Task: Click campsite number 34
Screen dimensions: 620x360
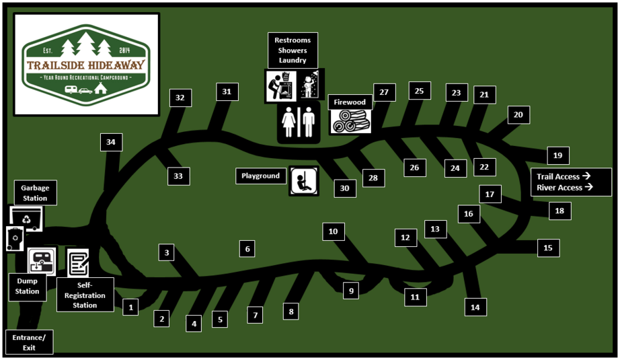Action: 111,142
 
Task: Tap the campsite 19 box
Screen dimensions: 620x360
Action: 558,155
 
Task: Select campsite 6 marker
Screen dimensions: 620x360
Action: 247,249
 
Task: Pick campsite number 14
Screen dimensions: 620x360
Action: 475,308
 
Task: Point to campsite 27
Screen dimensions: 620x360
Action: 385,92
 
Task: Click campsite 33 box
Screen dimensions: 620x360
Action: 178,176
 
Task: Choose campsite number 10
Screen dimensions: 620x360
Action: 334,231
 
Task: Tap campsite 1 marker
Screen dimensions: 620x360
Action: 130,307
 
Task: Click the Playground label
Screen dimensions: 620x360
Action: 260,176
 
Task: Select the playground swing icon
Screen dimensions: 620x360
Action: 304,181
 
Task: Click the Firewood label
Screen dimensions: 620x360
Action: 350,102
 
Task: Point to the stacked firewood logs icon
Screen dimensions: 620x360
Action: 351,121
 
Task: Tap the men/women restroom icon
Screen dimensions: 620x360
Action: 299,122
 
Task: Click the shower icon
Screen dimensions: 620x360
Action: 311,85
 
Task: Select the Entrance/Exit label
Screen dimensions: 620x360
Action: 30,343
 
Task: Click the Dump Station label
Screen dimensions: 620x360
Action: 28,287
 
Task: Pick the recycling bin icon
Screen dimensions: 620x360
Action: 26,218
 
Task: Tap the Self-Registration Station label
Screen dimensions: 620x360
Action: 85,295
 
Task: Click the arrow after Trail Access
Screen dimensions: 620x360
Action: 586,176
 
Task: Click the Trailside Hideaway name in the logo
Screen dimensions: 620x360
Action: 86,65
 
